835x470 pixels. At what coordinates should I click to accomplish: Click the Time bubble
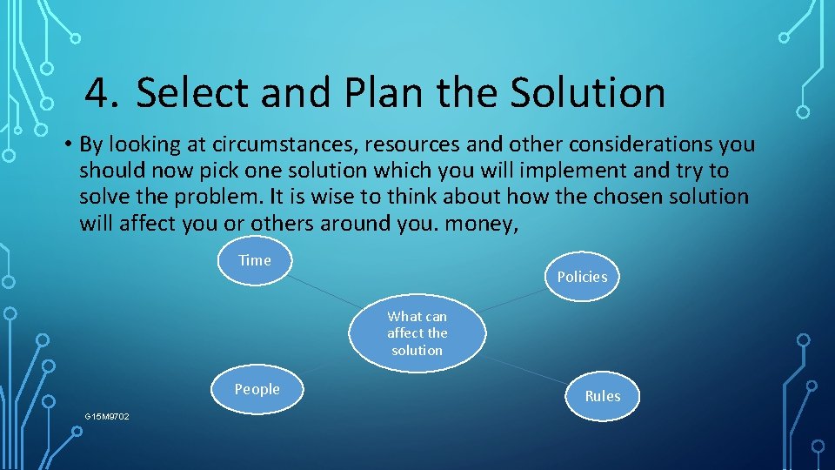[x=255, y=261]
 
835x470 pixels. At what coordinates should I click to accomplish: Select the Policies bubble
[x=582, y=277]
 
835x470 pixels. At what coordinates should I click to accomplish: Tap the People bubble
[x=257, y=390]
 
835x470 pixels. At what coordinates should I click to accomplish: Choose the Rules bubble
[x=602, y=396]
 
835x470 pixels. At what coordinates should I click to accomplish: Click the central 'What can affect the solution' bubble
[x=417, y=333]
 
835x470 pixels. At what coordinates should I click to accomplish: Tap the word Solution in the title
[x=588, y=93]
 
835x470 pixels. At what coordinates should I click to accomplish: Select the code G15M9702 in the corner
[x=107, y=417]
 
